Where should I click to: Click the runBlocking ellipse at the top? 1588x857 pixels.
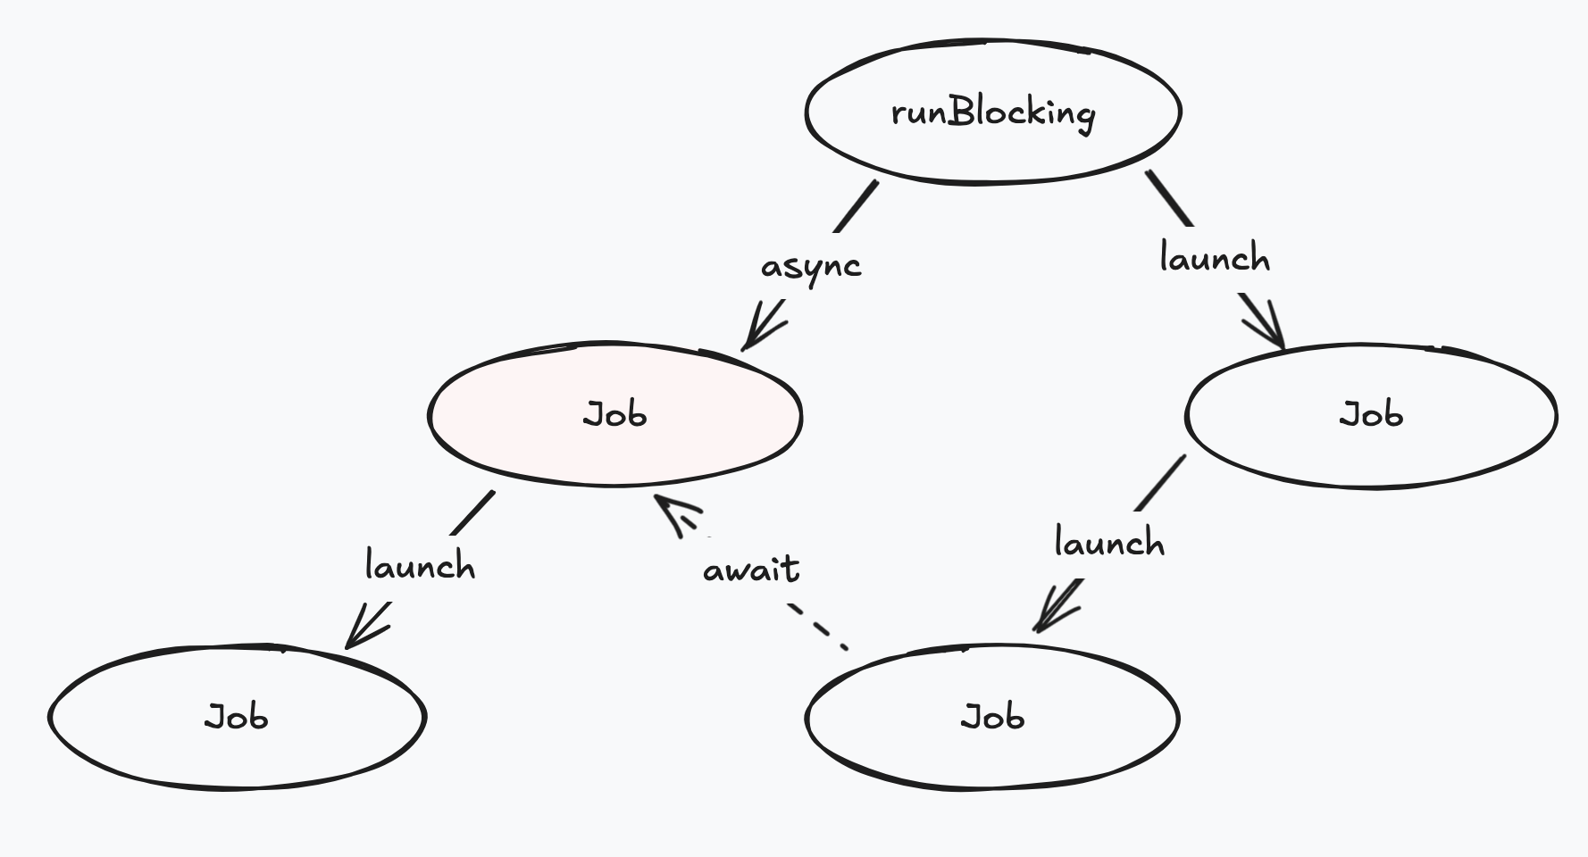tap(993, 152)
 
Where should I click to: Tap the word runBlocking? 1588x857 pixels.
tap(993, 112)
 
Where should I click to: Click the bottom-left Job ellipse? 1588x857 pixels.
tap(237, 750)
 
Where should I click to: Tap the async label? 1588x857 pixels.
tap(811, 266)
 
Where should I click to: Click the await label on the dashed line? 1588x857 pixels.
tap(751, 570)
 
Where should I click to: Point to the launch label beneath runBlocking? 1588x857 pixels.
tap(1215, 259)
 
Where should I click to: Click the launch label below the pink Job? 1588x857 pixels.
tap(420, 566)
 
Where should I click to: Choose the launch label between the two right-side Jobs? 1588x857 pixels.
tap(1109, 543)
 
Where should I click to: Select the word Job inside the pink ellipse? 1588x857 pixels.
tap(614, 415)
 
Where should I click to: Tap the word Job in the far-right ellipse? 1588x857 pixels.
tap(1371, 415)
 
